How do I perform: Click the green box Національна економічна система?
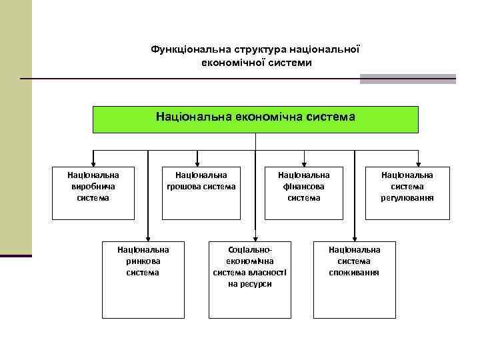(255, 119)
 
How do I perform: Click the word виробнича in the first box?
(93, 186)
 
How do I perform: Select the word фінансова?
(304, 186)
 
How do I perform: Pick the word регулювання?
(407, 197)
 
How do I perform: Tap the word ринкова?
(143, 261)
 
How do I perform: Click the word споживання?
(354, 272)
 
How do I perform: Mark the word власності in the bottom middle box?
(263, 272)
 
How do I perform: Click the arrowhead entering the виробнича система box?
(93, 162)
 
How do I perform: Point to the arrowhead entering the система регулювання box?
(418, 162)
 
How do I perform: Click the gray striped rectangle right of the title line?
(408, 79)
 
